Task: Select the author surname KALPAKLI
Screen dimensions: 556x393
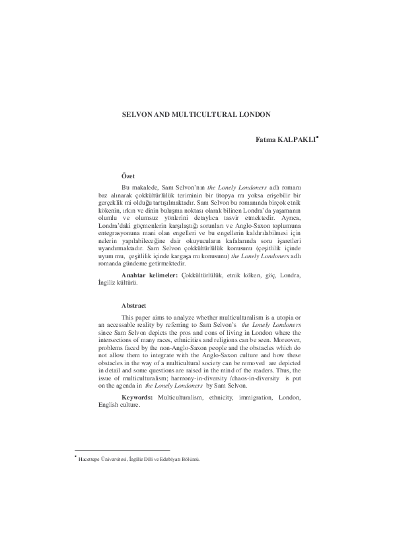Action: [296, 141]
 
